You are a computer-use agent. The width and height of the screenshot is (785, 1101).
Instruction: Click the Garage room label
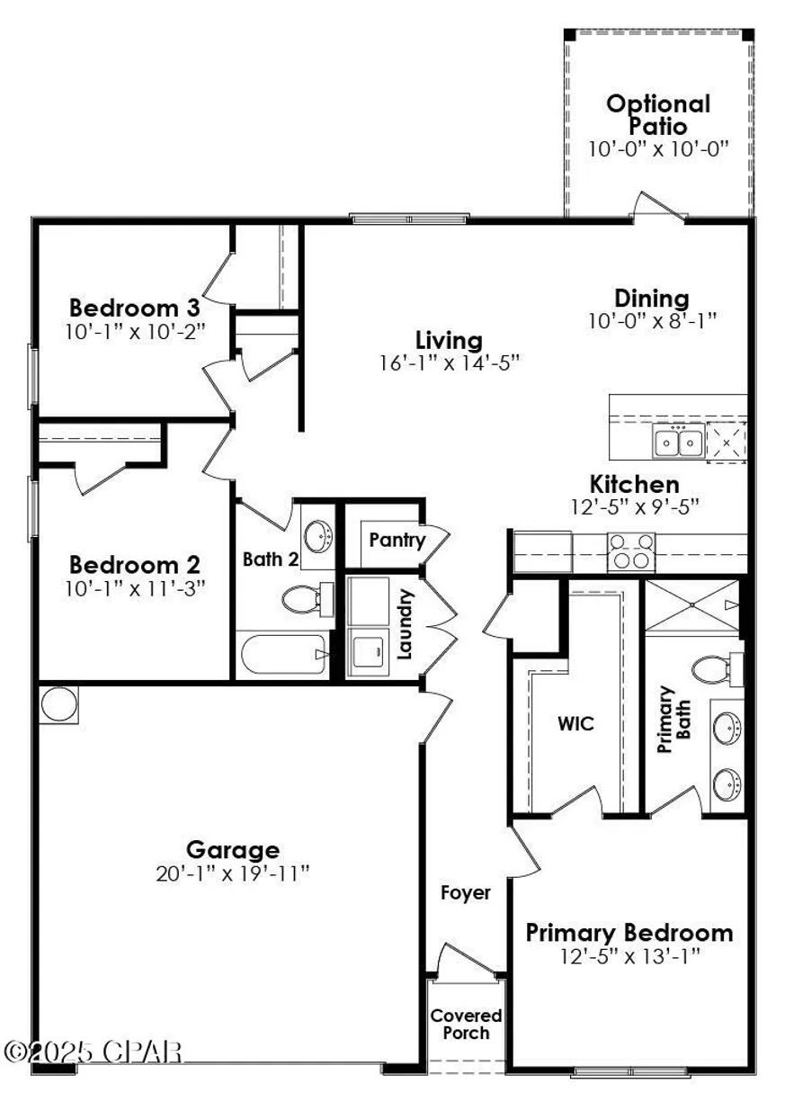pos(232,849)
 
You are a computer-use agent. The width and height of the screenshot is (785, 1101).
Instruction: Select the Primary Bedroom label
pos(629,932)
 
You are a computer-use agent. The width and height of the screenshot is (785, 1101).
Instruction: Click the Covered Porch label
pos(465,1024)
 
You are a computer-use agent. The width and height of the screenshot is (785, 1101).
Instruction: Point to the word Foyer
pos(465,892)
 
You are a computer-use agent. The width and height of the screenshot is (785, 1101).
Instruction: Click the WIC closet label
pos(575,723)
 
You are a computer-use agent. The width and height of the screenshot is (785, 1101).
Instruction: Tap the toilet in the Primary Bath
pos(712,669)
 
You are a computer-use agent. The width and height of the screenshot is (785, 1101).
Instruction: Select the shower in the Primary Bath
pos(692,606)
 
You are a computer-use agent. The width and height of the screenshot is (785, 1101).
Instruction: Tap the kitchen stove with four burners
pos(629,550)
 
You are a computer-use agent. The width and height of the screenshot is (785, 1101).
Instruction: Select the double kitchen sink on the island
pos(678,442)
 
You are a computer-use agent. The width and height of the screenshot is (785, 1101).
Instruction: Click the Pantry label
pos(397,540)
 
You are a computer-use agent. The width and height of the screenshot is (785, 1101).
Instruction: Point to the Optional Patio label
pos(657,114)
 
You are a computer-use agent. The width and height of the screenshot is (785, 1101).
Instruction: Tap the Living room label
pos(449,340)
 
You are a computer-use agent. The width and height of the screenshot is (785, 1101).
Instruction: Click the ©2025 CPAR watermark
pos(94,1051)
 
